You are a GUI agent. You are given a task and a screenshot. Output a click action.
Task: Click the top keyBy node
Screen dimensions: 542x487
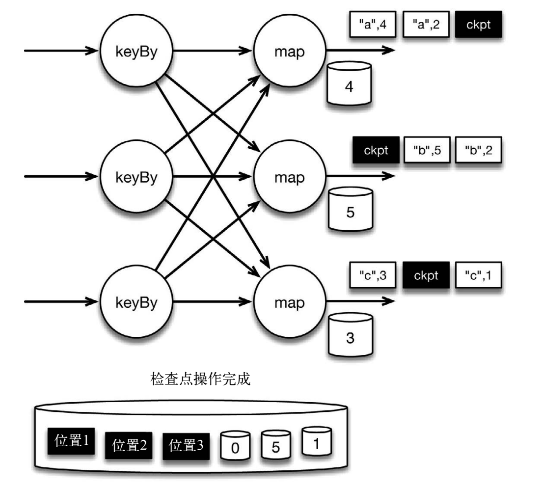click(136, 51)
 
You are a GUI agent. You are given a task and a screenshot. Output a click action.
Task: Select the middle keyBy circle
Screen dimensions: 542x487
click(136, 176)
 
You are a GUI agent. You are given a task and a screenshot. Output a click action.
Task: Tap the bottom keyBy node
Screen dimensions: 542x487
click(136, 301)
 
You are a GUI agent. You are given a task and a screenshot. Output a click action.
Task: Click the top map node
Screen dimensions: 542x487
click(290, 51)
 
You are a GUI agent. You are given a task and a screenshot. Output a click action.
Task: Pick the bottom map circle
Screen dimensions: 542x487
click(290, 301)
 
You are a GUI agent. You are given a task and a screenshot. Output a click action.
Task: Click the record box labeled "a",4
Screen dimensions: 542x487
click(373, 24)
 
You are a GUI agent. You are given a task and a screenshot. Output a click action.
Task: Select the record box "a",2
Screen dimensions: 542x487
click(426, 24)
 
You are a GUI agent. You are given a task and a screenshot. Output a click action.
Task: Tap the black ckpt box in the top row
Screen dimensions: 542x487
click(479, 24)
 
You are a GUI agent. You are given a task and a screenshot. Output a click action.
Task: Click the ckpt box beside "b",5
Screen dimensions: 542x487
click(376, 150)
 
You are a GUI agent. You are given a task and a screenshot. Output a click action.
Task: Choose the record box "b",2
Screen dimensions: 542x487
click(479, 150)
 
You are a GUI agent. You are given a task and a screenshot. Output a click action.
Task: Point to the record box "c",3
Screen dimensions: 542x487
click(373, 275)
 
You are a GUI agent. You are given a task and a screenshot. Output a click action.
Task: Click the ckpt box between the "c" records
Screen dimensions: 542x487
click(426, 275)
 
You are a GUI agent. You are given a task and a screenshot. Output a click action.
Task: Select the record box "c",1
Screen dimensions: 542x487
click(479, 275)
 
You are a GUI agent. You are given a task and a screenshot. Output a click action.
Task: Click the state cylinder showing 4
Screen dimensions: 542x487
click(349, 83)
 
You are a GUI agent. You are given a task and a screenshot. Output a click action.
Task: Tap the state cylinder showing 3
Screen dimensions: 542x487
click(351, 335)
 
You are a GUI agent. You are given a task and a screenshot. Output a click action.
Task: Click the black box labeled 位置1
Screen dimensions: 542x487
click(71, 441)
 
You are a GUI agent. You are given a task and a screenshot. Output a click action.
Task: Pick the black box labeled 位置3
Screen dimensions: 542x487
click(186, 446)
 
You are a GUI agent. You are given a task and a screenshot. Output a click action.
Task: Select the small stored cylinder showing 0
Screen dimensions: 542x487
click(235, 446)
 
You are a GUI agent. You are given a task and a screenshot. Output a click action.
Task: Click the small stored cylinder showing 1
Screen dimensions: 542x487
click(317, 441)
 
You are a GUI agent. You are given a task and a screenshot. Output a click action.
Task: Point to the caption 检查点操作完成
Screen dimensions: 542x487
click(200, 379)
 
